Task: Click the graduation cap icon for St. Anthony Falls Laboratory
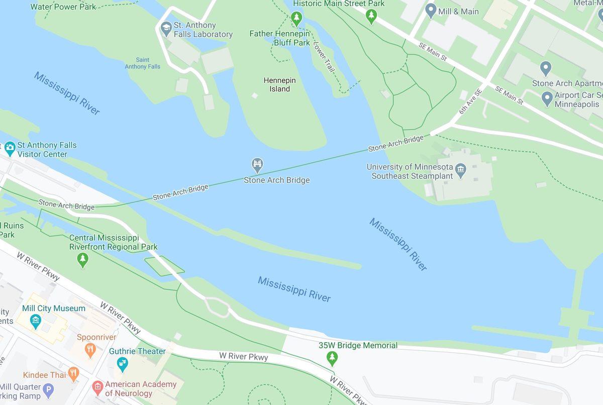pos(166,29)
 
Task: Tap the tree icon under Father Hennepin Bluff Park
pos(296,19)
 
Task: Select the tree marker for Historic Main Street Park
pos(371,16)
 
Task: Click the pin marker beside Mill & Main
pos(431,10)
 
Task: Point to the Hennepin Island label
pos(279,85)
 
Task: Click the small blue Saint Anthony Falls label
pos(142,63)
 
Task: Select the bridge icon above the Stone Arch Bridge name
pos(257,165)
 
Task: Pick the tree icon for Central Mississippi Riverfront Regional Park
pos(83,259)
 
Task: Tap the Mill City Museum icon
pos(35,320)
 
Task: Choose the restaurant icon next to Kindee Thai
pos(73,373)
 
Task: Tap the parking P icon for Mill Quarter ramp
pos(48,389)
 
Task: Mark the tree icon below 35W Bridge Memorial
pos(332,358)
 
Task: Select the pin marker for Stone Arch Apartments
pos(546,68)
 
